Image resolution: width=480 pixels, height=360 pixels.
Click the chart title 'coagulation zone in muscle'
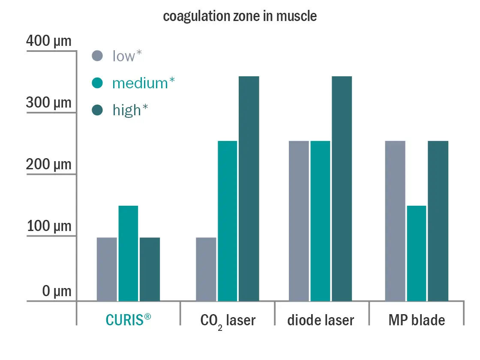[x=240, y=16]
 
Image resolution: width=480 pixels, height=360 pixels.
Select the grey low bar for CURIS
[x=107, y=269]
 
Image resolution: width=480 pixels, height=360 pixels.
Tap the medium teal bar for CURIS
[x=128, y=253]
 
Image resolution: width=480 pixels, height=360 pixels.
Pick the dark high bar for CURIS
[x=150, y=269]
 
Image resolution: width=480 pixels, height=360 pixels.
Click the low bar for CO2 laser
[x=206, y=269]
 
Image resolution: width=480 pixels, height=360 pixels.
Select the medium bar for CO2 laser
[x=227, y=221]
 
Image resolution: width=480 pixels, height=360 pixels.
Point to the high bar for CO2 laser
[x=249, y=189]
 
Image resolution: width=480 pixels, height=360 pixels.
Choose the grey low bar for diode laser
[x=299, y=221]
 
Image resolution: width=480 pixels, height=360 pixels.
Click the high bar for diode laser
[x=342, y=189]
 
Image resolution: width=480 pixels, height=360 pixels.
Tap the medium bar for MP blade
[x=417, y=253]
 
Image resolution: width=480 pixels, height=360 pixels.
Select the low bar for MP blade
[x=395, y=221]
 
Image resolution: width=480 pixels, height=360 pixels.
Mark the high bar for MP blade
[x=438, y=221]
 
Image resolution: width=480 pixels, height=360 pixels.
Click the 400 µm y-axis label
[x=49, y=41]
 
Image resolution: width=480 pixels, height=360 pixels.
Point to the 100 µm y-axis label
[x=49, y=226]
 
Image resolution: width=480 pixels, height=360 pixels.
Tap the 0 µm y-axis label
[x=57, y=291]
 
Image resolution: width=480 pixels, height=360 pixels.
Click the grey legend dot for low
[x=97, y=56]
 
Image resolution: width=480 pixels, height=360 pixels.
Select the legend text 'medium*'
[x=143, y=83]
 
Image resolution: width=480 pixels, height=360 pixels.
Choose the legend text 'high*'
[x=130, y=110]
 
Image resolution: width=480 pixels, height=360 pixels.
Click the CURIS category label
[x=128, y=320]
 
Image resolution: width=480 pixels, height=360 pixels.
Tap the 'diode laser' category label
[x=321, y=320]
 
